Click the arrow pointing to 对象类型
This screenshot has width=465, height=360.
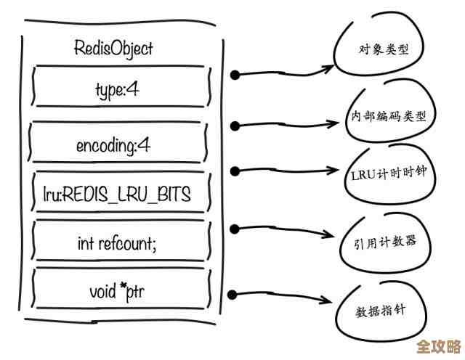[x=283, y=72]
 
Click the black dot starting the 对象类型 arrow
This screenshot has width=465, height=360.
[x=235, y=74]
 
